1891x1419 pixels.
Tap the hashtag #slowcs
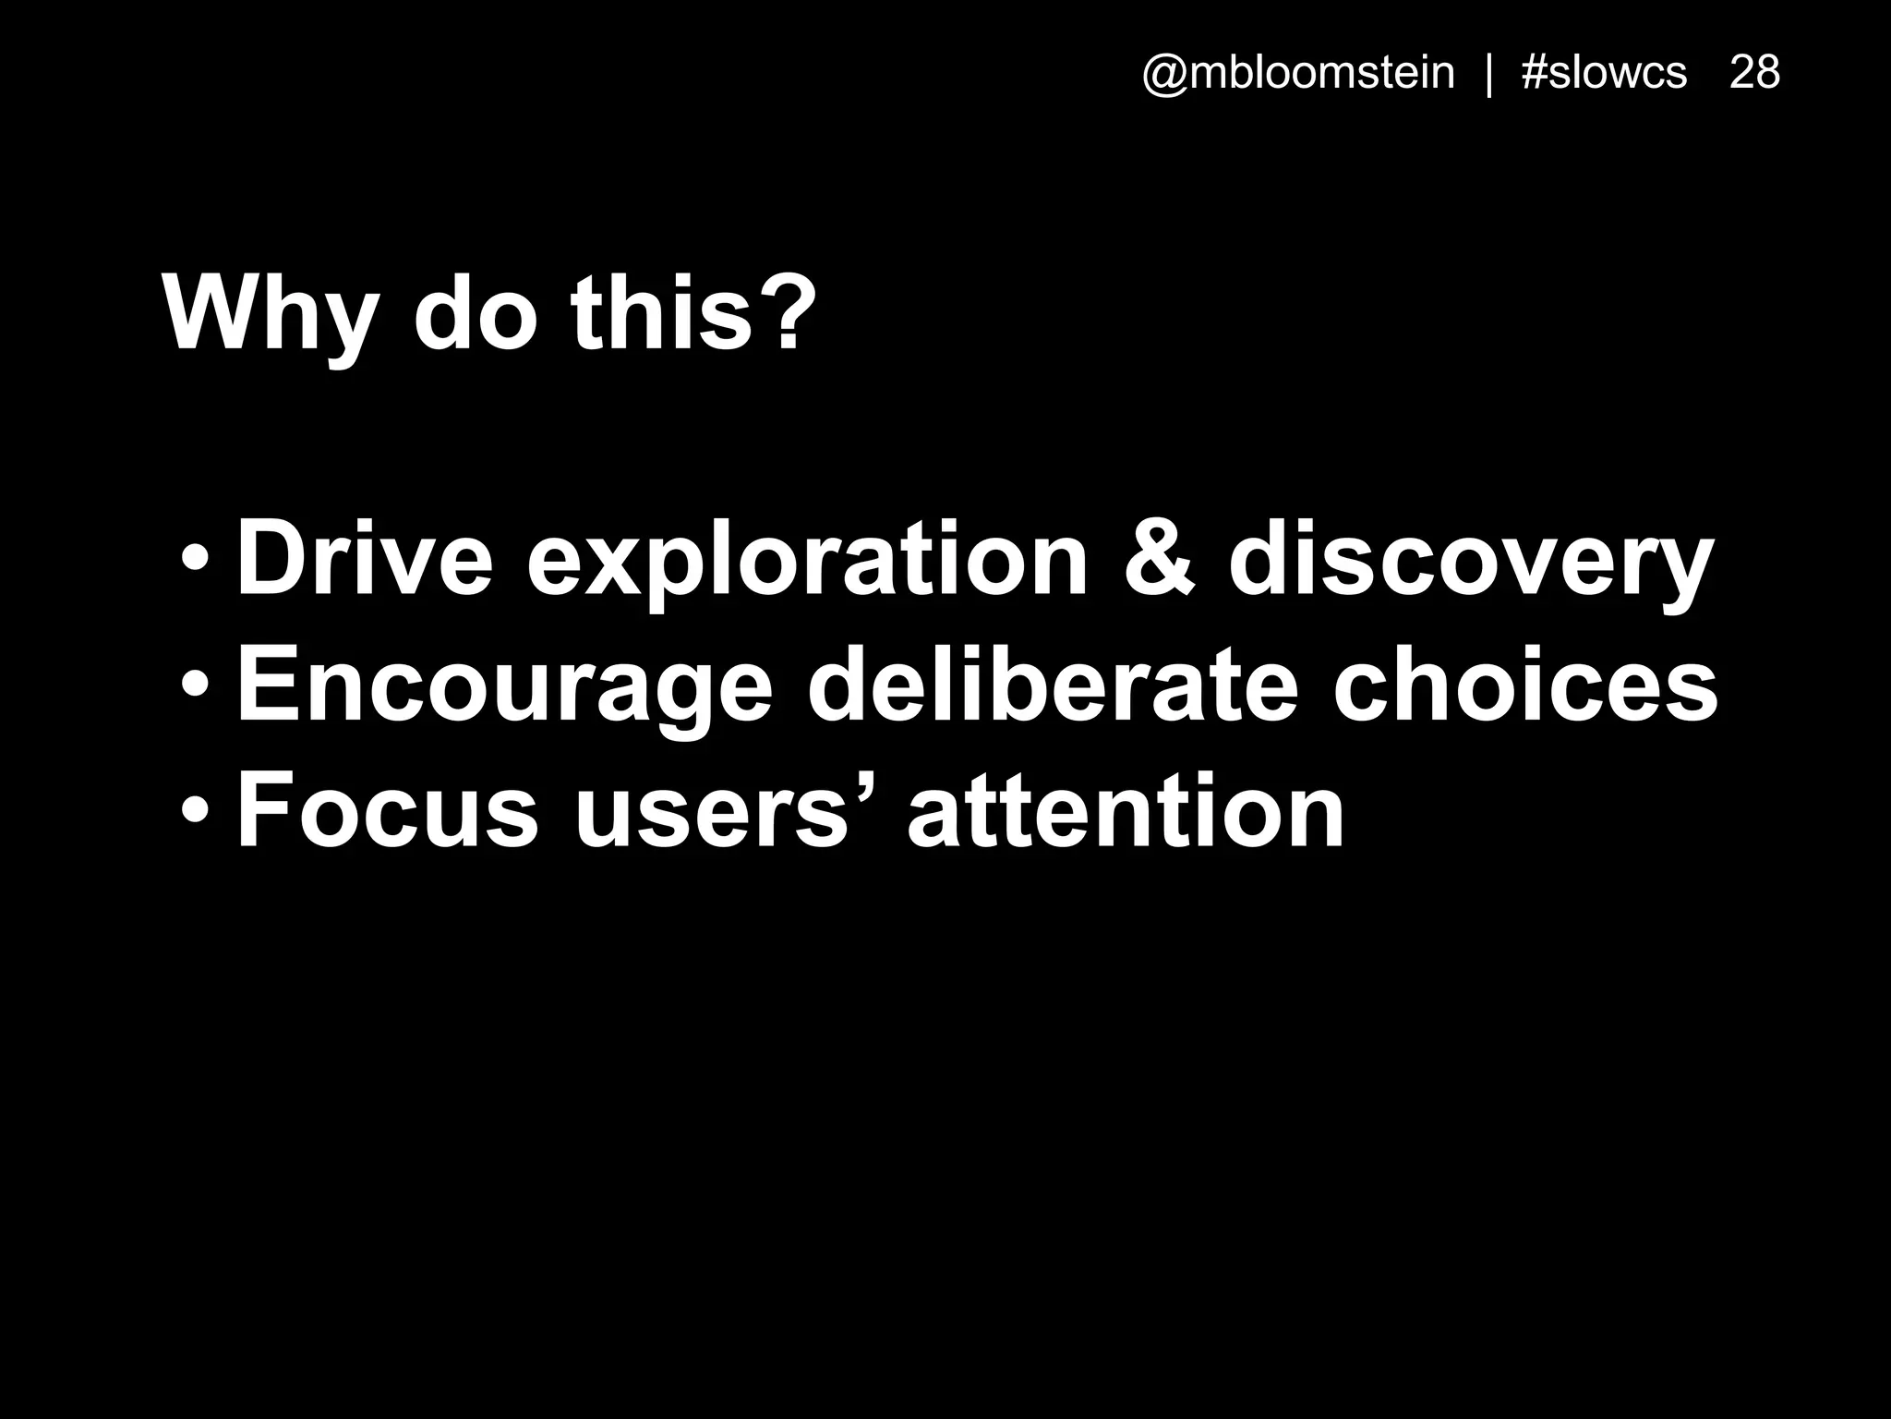(x=1604, y=73)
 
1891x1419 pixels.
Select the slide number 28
(x=1754, y=73)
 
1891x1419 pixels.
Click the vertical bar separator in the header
(x=1488, y=74)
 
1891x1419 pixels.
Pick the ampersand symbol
(x=1160, y=560)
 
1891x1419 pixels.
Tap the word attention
(x=1126, y=813)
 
